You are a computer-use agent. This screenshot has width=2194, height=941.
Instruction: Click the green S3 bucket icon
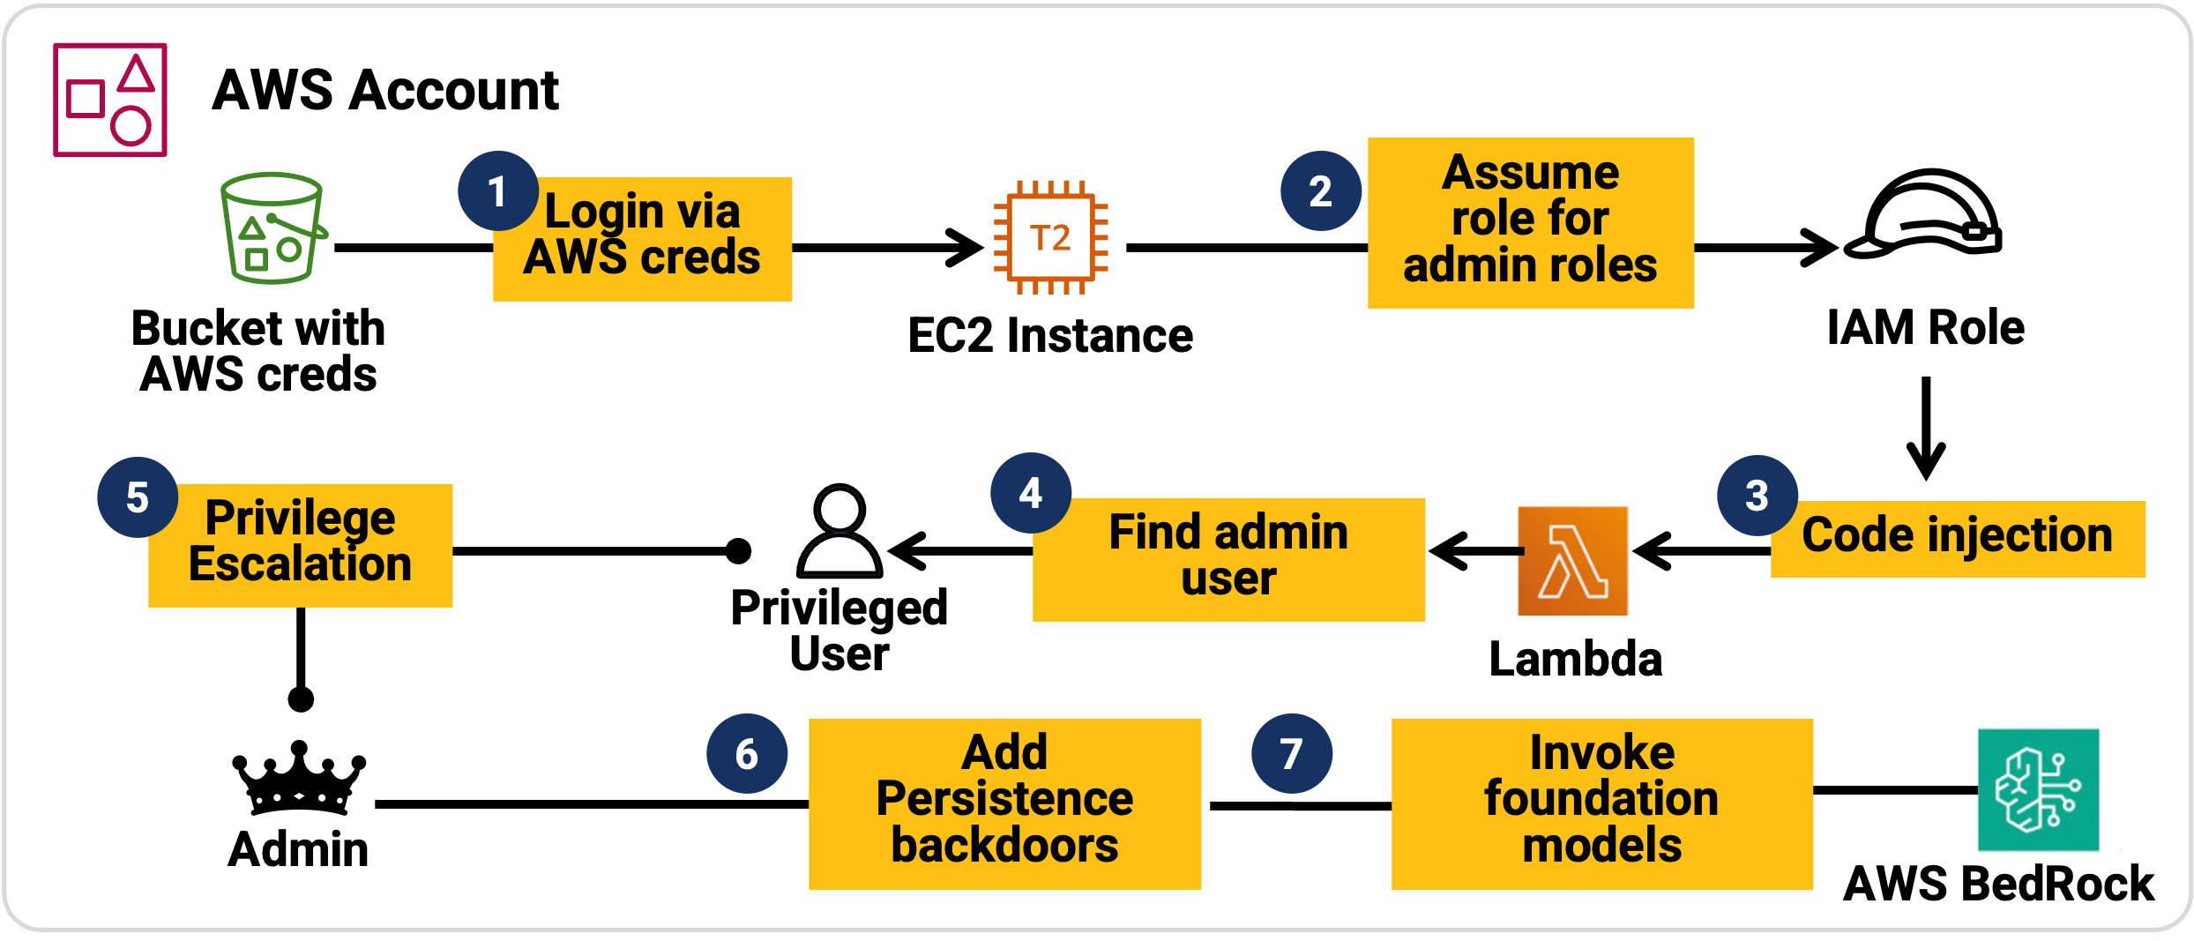pyautogui.click(x=272, y=228)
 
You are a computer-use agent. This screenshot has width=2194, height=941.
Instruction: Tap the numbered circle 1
pyautogui.click(x=497, y=191)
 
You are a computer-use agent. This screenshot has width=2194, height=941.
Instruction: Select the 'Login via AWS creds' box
pyautogui.click(x=642, y=239)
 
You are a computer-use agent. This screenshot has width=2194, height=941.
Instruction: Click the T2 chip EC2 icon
pyautogui.click(x=1050, y=238)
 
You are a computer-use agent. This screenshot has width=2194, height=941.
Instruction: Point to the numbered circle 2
pyautogui.click(x=1320, y=191)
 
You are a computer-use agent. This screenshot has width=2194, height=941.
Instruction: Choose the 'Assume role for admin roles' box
pyautogui.click(x=1530, y=222)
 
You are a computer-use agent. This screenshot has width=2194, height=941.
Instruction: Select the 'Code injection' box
pyautogui.click(x=1957, y=539)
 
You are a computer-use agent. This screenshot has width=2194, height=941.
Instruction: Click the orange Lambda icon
pyautogui.click(x=1572, y=561)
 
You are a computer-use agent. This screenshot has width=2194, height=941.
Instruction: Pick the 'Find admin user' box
pyautogui.click(x=1228, y=559)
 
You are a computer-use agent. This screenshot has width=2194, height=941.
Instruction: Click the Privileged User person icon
pyautogui.click(x=839, y=531)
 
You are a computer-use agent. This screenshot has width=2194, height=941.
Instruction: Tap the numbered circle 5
pyautogui.click(x=138, y=497)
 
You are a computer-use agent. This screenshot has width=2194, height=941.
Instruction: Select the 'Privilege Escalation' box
pyautogui.click(x=300, y=545)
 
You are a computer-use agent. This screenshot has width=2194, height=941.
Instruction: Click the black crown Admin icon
pyautogui.click(x=298, y=778)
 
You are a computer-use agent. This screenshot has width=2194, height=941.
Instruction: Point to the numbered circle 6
pyautogui.click(x=747, y=754)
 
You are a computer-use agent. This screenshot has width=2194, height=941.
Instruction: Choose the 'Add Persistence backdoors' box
pyautogui.click(x=1004, y=803)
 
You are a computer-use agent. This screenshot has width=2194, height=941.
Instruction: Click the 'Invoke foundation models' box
pyautogui.click(x=1601, y=803)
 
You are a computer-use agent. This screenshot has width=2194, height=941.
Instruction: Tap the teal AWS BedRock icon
pyautogui.click(x=2038, y=789)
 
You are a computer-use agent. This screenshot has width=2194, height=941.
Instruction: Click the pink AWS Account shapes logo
pyautogui.click(x=110, y=100)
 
